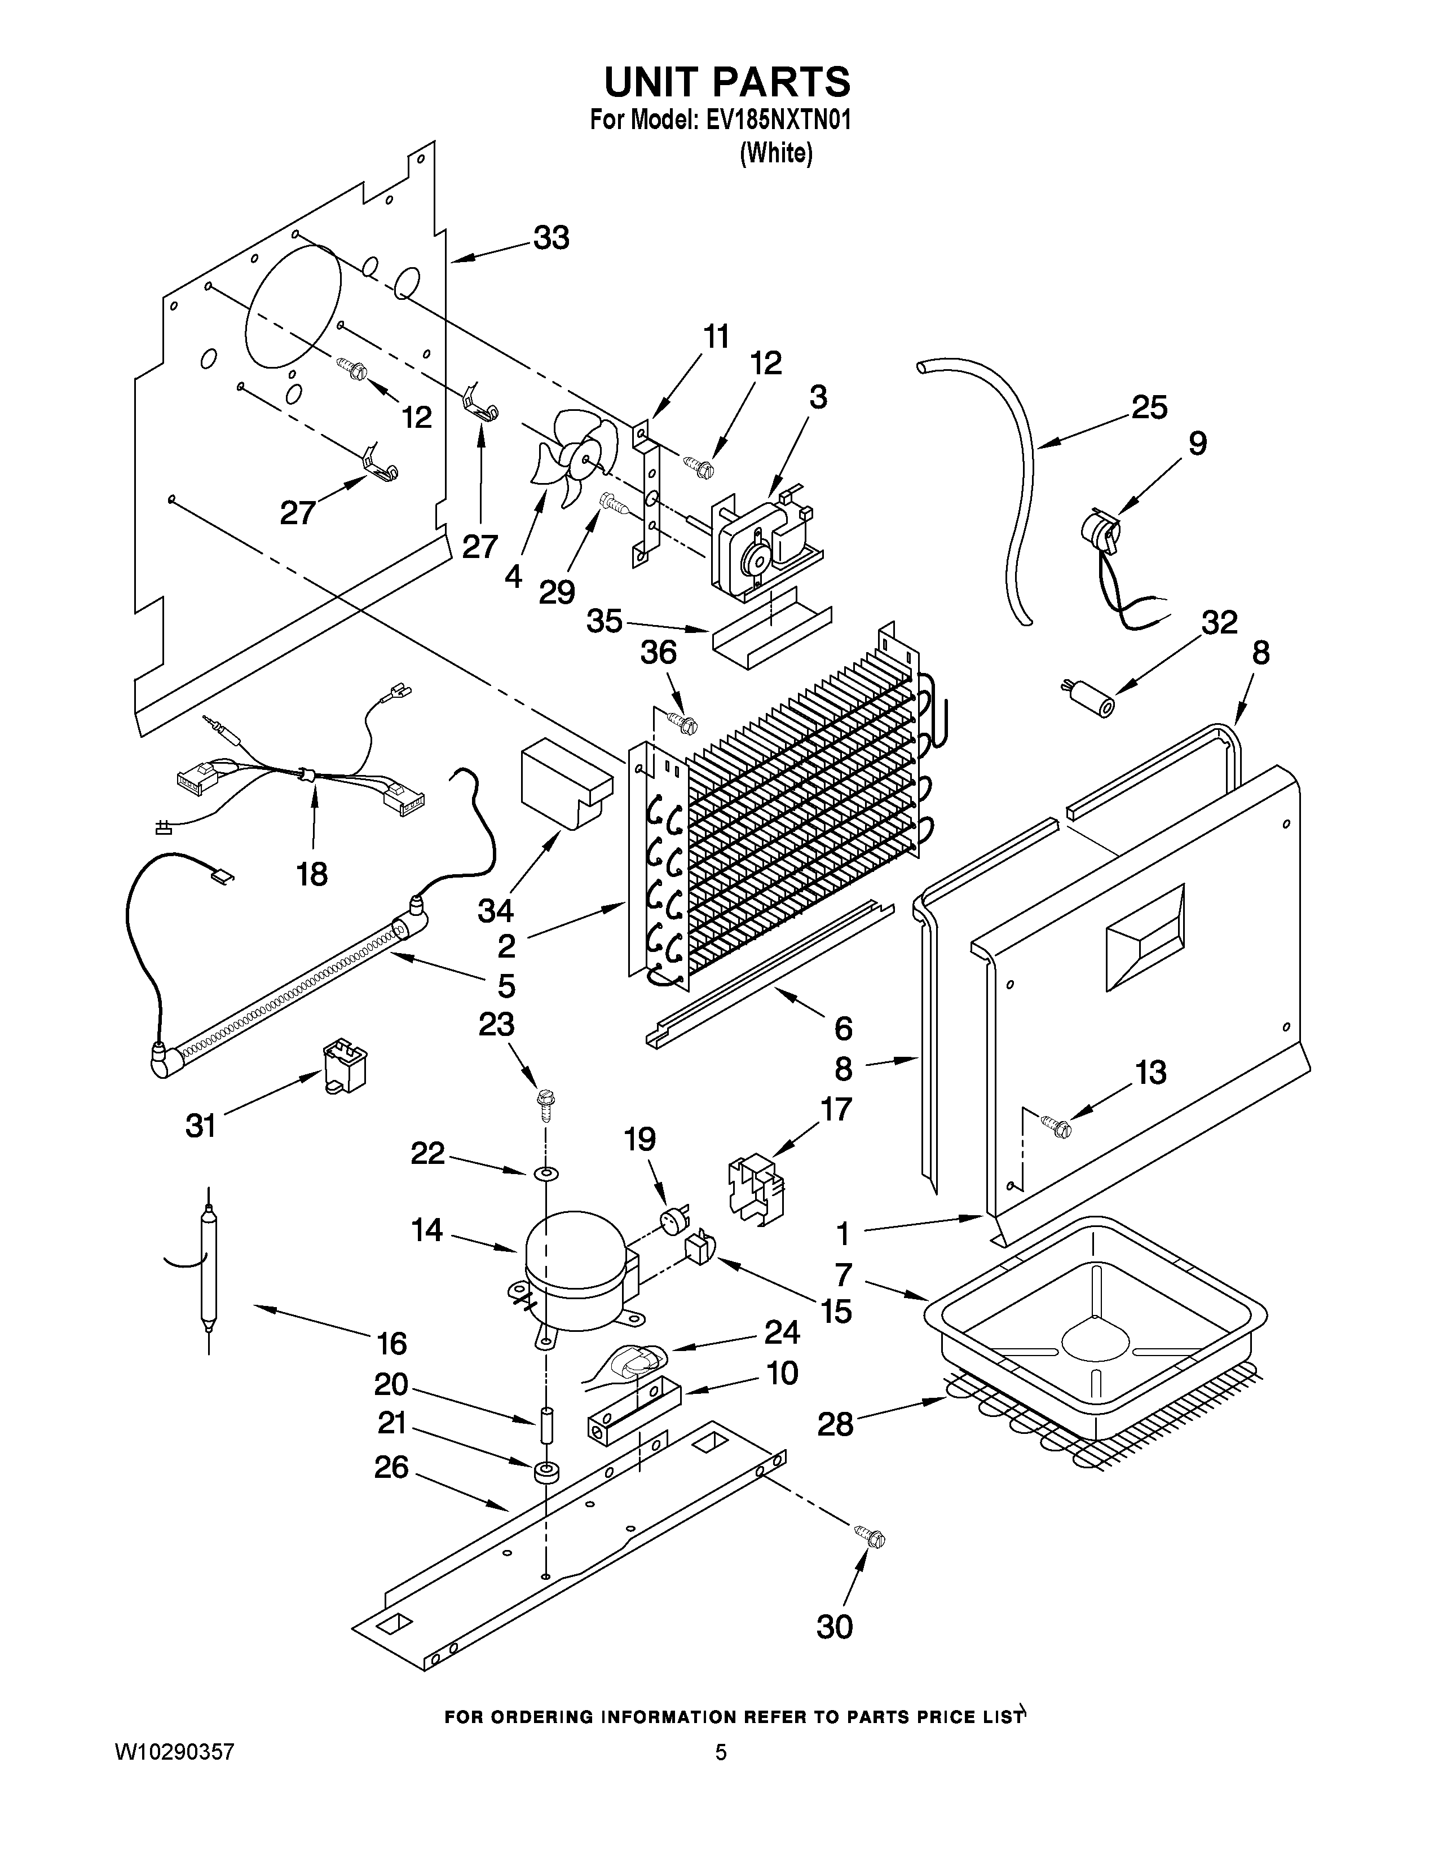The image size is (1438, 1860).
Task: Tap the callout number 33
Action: (x=551, y=238)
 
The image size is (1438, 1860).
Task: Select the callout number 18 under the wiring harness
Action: (x=312, y=873)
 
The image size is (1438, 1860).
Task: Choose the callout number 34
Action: (x=495, y=910)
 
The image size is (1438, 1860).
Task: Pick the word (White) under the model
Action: (x=776, y=153)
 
